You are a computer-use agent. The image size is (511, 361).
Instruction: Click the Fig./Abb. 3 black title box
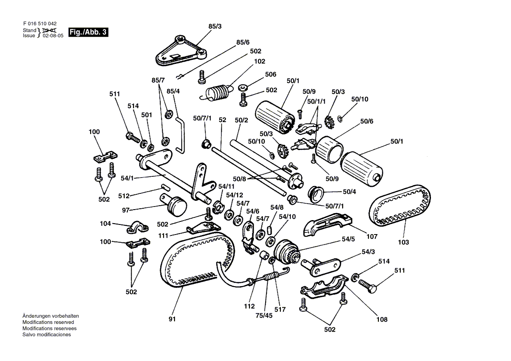click(x=88, y=32)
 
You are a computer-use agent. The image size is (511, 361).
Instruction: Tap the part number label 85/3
click(x=215, y=27)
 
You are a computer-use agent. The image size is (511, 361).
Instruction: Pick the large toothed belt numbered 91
click(x=192, y=263)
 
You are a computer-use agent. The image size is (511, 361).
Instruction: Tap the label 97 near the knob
click(x=126, y=210)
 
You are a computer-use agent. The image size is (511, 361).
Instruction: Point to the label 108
click(x=381, y=319)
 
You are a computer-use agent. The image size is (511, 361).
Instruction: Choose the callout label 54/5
click(x=349, y=239)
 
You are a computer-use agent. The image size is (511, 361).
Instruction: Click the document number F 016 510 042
click(x=39, y=24)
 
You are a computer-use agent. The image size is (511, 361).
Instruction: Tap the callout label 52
click(x=222, y=119)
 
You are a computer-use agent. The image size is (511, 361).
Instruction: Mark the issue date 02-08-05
click(x=53, y=36)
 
